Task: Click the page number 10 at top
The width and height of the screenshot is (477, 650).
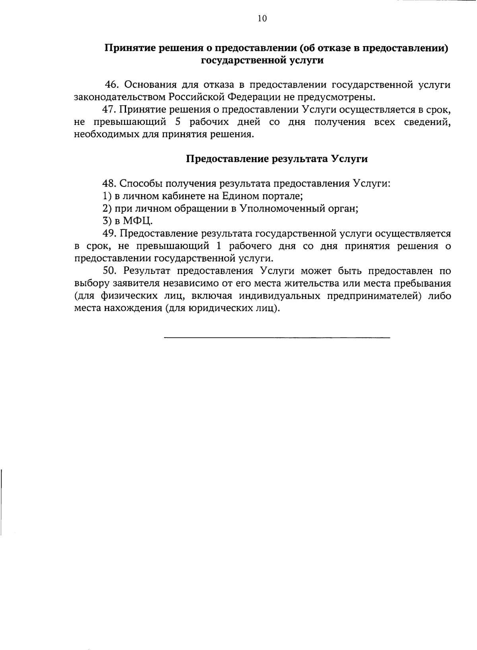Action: click(262, 18)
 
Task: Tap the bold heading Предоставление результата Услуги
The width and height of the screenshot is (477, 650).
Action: click(277, 159)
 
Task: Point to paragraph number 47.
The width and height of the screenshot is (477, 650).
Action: click(109, 109)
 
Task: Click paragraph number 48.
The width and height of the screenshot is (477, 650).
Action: click(109, 184)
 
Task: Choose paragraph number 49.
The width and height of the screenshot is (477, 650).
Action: click(109, 233)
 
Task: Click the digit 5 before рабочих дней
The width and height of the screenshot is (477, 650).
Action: click(178, 122)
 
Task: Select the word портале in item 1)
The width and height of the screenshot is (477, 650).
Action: click(285, 196)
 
